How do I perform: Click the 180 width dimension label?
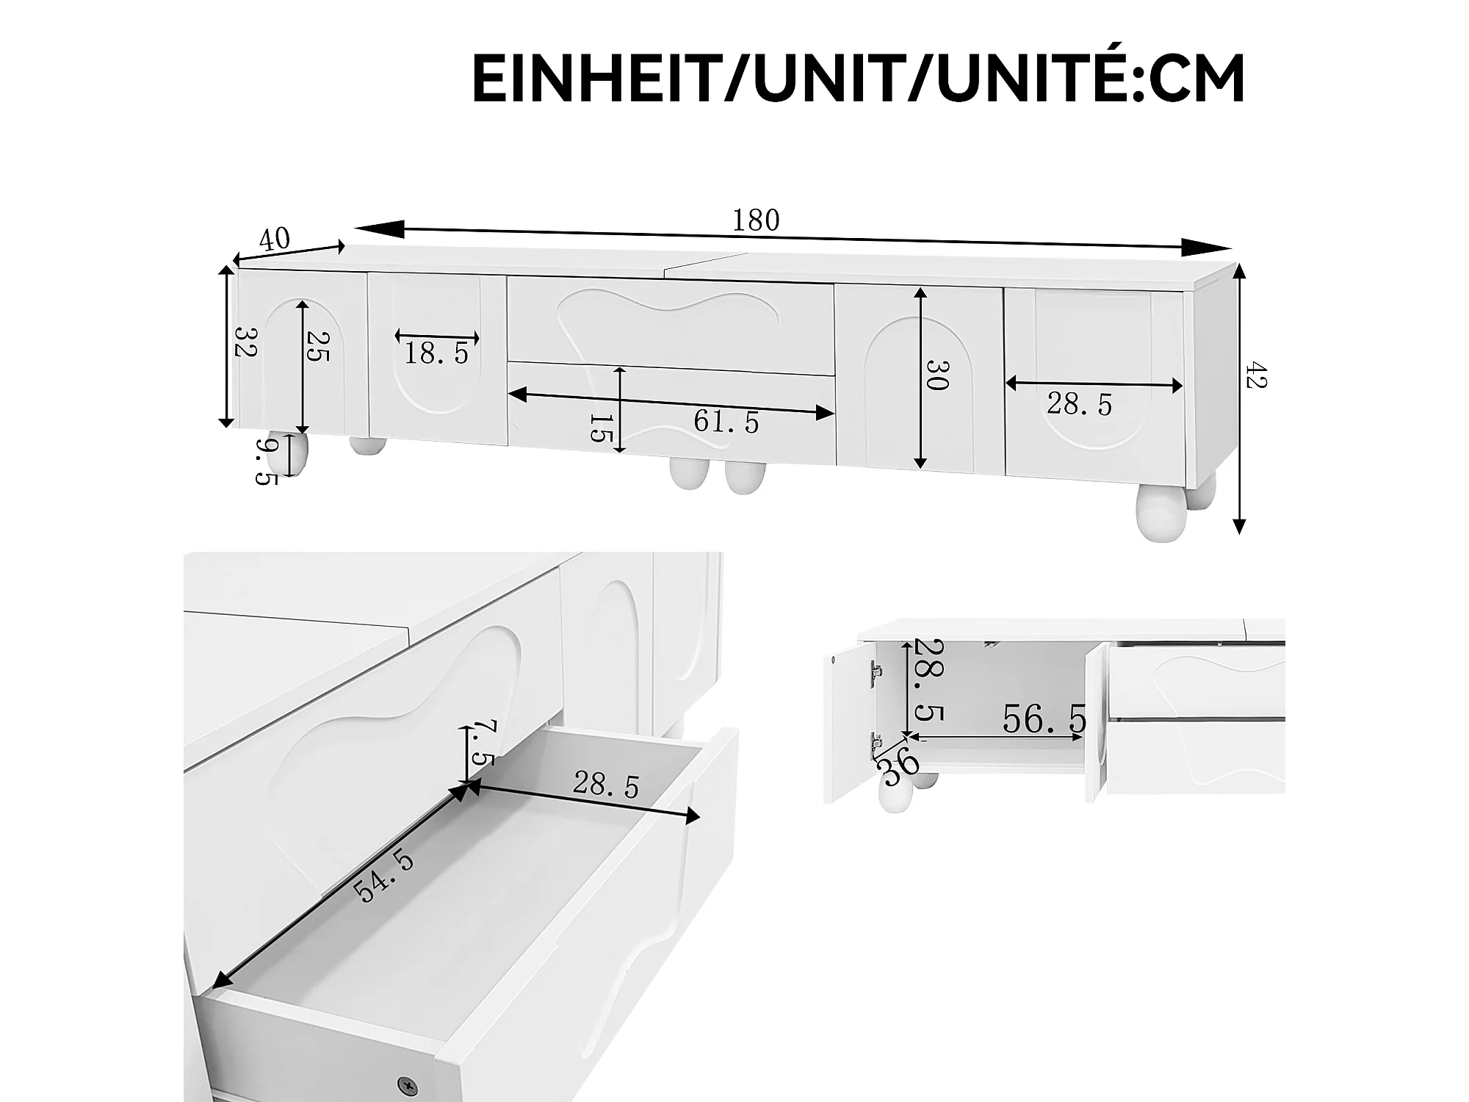[x=756, y=220]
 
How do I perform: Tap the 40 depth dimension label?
[x=275, y=239]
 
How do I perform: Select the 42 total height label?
[x=1257, y=375]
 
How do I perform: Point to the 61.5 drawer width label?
[x=726, y=422]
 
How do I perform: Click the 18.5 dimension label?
[x=436, y=354]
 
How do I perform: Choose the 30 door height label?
[x=937, y=375]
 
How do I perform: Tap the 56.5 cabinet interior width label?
[x=1044, y=719]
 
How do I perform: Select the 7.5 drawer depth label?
[x=482, y=743]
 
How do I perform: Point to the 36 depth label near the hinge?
[x=899, y=765]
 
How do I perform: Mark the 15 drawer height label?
[x=601, y=428]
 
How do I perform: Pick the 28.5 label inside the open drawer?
[x=606, y=785]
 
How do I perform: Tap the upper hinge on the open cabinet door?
[x=875, y=671]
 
